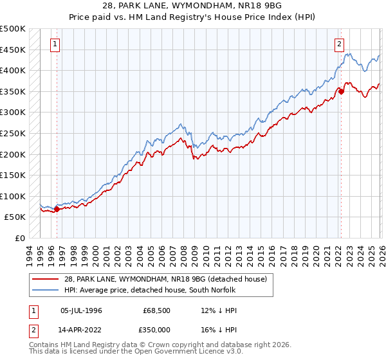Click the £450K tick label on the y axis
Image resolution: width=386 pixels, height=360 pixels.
click(x=13, y=50)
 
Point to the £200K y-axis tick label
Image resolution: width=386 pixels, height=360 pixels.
click(x=13, y=154)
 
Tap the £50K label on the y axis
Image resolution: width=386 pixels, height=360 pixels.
click(x=15, y=217)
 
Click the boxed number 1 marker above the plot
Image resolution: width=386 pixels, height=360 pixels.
click(x=55, y=44)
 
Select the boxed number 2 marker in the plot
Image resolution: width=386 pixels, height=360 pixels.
click(x=339, y=44)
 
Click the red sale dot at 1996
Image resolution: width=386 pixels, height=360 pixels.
click(x=57, y=209)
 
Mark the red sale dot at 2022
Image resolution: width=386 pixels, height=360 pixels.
click(x=341, y=91)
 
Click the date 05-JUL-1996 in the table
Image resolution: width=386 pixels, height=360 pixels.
click(x=81, y=310)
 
